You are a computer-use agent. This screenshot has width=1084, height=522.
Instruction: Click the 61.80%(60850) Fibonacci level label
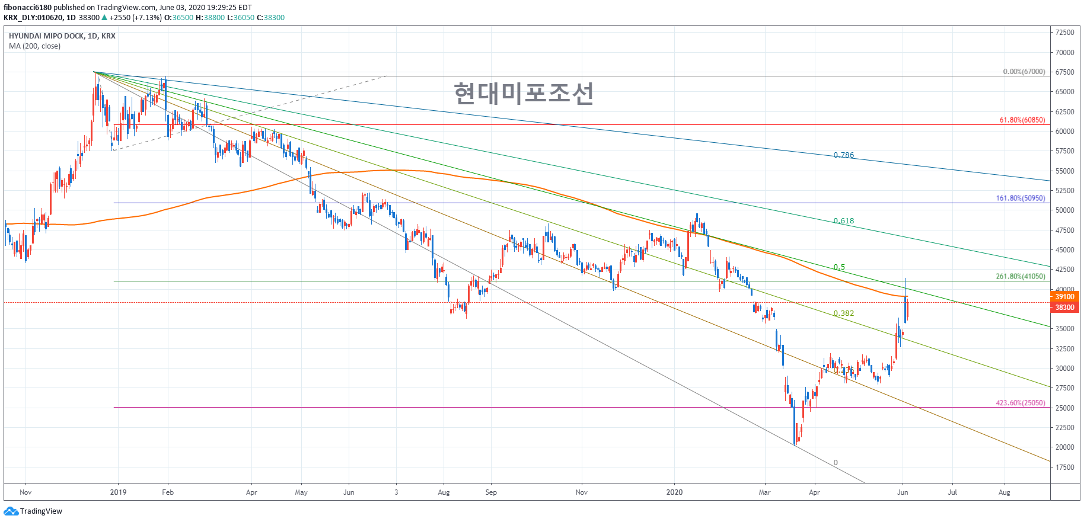pyautogui.click(x=1022, y=120)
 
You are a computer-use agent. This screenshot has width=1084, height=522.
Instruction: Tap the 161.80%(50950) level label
pyautogui.click(x=1020, y=198)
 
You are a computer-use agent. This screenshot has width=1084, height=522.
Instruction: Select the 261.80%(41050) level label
pyautogui.click(x=1020, y=276)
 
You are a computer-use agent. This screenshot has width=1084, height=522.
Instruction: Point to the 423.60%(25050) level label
pyautogui.click(x=1020, y=403)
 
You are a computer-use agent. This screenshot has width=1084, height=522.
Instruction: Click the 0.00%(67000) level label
pyautogui.click(x=1024, y=72)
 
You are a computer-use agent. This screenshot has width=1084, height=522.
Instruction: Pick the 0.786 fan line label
pyautogui.click(x=843, y=155)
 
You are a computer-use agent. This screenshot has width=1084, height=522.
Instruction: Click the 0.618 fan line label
pyautogui.click(x=843, y=221)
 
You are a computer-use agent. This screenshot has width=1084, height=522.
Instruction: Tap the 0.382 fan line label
pyautogui.click(x=843, y=313)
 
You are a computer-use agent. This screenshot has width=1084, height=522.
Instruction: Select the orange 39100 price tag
pyautogui.click(x=1064, y=297)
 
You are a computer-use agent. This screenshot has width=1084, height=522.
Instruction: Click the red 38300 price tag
pyautogui.click(x=1064, y=308)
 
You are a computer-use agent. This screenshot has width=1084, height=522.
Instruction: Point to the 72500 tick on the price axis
pyautogui.click(x=1064, y=33)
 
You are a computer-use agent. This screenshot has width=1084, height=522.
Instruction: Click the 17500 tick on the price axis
pyautogui.click(x=1064, y=467)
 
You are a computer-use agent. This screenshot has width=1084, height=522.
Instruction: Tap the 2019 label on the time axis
pyautogui.click(x=118, y=492)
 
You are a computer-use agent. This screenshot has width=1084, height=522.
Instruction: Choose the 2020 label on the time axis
pyautogui.click(x=674, y=492)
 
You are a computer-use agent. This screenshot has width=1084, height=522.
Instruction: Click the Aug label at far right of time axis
pyautogui.click(x=1004, y=492)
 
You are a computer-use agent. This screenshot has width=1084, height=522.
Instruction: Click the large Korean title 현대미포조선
pyautogui.click(x=524, y=93)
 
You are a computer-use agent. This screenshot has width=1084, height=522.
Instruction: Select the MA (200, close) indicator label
pyautogui.click(x=34, y=46)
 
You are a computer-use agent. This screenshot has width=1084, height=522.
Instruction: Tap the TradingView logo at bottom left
pyautogui.click(x=33, y=511)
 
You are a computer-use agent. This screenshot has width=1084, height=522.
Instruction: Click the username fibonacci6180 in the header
pyautogui.click(x=27, y=8)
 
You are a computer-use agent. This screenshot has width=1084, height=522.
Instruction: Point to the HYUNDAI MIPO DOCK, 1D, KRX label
pyautogui.click(x=62, y=36)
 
